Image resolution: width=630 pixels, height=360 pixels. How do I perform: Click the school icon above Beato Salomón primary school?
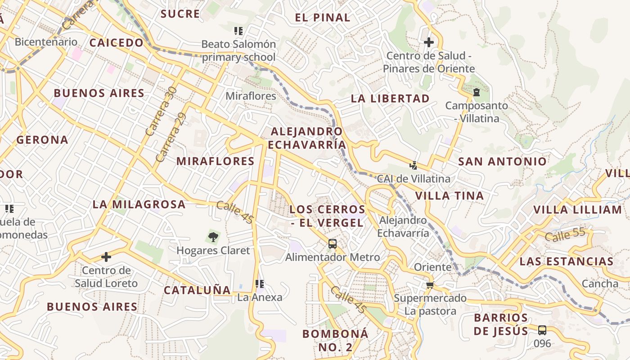point(238,31)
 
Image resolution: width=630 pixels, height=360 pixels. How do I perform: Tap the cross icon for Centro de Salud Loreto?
point(106,257)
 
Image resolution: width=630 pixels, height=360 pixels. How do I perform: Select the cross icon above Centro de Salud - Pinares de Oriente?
point(429,42)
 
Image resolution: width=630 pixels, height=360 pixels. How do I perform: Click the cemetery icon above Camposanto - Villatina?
point(477,93)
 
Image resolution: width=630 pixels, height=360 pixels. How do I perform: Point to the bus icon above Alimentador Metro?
point(333,244)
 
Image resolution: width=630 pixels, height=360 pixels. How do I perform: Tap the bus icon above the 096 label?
point(542,330)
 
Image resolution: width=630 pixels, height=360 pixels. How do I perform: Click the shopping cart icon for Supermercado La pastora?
point(430,285)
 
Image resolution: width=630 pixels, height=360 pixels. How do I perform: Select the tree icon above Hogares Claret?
point(213,236)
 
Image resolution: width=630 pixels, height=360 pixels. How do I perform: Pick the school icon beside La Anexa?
point(260,284)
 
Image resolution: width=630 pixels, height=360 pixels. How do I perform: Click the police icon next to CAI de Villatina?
point(413,166)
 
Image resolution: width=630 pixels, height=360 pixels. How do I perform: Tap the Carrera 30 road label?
point(161,111)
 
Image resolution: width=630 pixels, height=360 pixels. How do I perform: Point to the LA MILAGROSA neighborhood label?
point(139,204)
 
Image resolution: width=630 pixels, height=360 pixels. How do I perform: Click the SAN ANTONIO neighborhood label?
point(502,162)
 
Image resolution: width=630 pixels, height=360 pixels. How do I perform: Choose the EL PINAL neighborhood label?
point(323,18)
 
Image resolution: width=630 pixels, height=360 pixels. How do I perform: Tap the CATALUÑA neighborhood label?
point(197,290)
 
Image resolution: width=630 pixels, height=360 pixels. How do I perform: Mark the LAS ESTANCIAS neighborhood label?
point(566,261)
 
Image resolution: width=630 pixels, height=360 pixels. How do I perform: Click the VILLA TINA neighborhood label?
point(449,196)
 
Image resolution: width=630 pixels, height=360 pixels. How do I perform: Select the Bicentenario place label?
point(46,42)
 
